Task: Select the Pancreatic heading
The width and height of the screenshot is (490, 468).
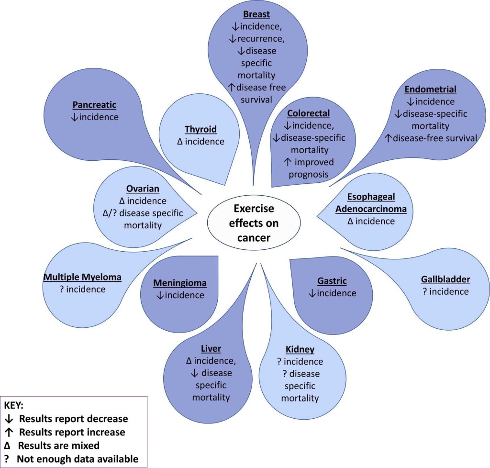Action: [x=95, y=105]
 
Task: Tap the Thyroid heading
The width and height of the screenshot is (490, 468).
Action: [x=201, y=129]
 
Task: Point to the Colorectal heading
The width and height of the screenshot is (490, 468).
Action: [x=309, y=113]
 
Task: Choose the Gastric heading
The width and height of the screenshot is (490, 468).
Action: [x=332, y=281]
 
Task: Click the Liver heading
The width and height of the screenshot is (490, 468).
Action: [x=211, y=348]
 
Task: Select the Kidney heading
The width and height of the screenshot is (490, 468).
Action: [x=301, y=349]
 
